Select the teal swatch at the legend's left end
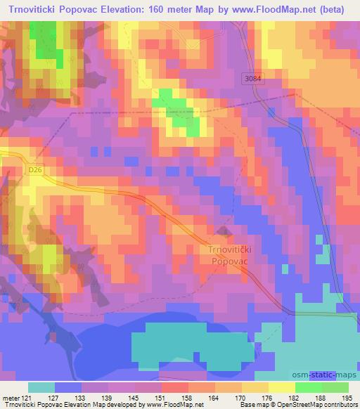coord(41,387)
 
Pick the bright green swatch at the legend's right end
coord(335,387)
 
